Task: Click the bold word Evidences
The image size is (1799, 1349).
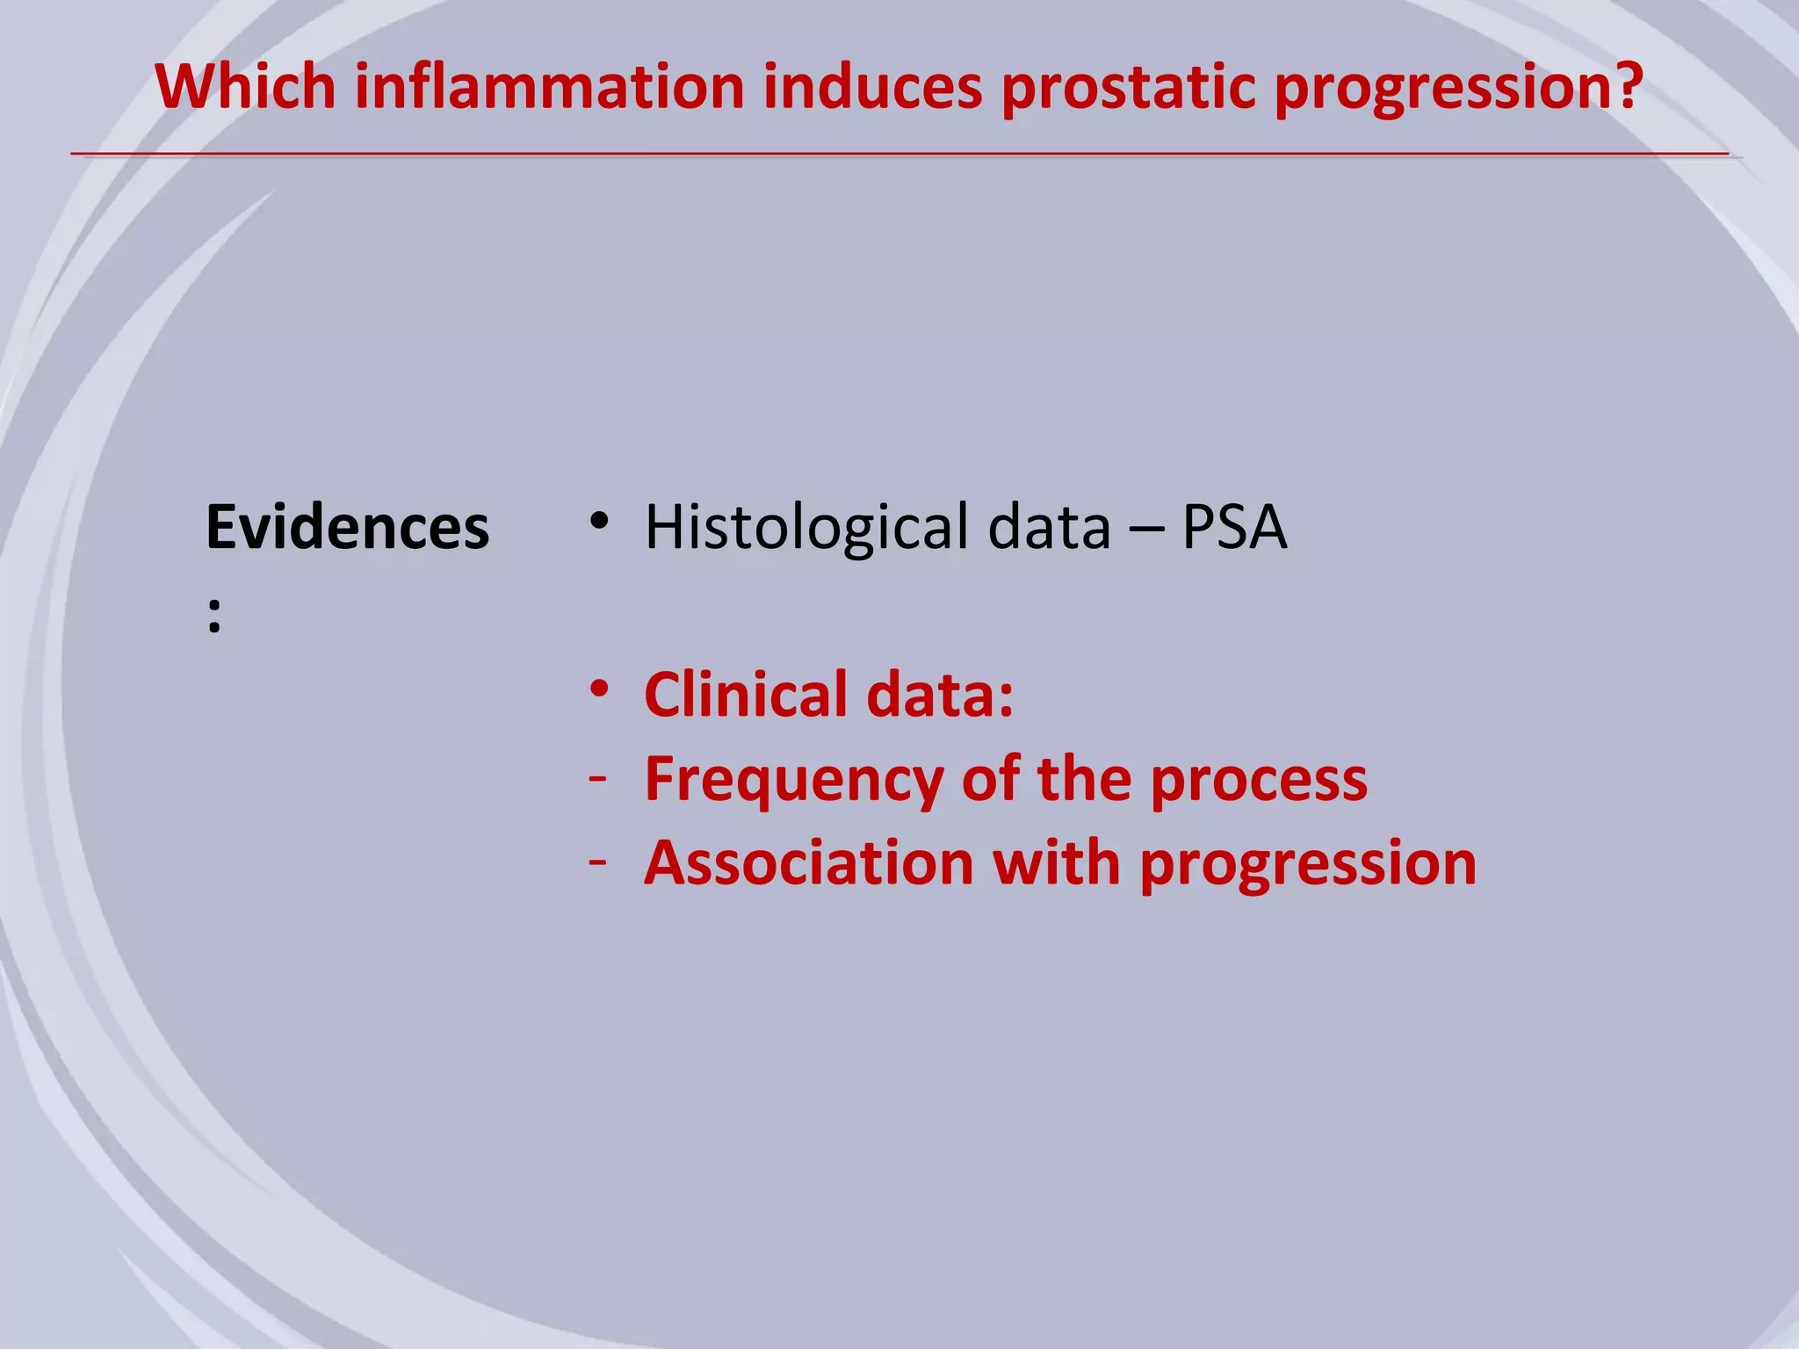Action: point(347,528)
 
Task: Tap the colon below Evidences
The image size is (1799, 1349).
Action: point(214,616)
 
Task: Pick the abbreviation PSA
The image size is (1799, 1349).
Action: point(1234,528)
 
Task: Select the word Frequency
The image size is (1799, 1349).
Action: point(793,779)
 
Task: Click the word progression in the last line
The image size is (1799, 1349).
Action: point(1308,865)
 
